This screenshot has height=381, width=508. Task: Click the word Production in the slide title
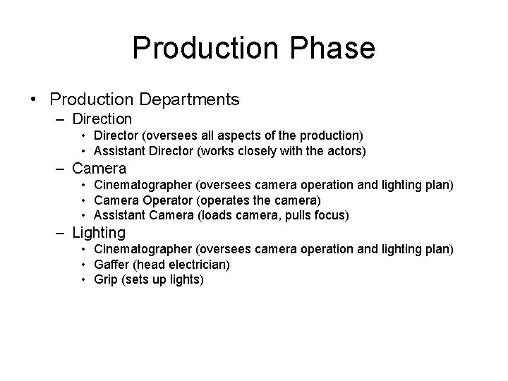coord(204,49)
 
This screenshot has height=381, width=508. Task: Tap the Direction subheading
coord(102,119)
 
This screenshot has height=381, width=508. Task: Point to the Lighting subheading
coord(99,232)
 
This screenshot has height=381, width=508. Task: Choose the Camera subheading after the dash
coord(99,169)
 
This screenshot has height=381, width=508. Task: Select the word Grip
coord(104,279)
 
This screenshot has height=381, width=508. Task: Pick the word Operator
coord(161,200)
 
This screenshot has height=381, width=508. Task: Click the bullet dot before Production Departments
coord(34,100)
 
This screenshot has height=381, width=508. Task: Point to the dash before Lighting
coord(61,233)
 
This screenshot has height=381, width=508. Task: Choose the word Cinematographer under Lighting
coord(143,249)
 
